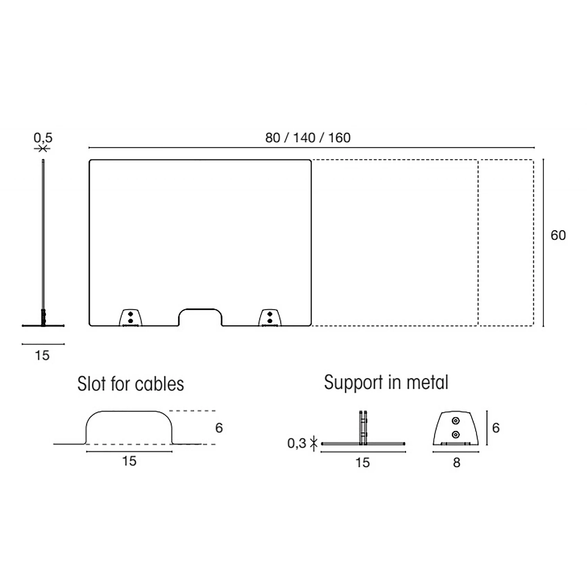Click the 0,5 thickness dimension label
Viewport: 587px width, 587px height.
point(43,138)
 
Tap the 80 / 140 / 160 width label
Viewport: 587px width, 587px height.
point(308,138)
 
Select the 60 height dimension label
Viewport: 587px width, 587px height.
point(558,235)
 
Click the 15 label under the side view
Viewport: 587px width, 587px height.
point(42,355)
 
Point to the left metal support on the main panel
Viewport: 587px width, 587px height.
point(130,317)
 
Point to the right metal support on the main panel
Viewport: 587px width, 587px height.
point(270,317)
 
